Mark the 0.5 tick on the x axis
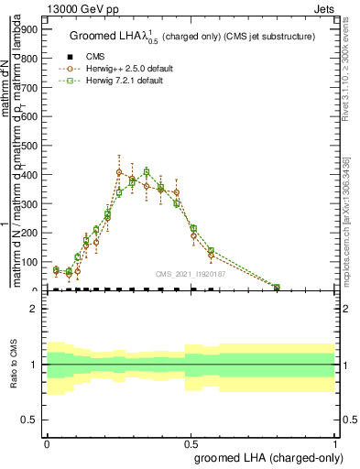191,442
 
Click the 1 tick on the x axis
334,442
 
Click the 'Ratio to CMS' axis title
14,365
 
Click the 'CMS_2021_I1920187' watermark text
190,273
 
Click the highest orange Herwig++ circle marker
119,172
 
